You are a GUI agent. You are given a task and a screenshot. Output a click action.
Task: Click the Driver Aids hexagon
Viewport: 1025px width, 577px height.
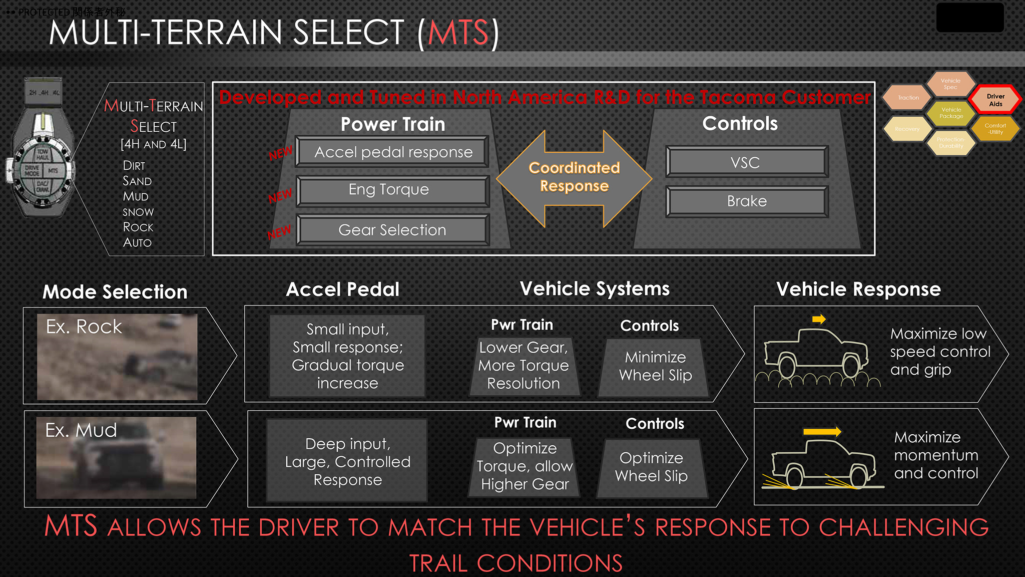(x=995, y=100)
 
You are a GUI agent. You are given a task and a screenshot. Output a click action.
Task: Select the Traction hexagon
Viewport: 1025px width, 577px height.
(x=908, y=98)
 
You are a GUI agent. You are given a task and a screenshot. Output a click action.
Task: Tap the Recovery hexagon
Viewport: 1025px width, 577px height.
(x=907, y=129)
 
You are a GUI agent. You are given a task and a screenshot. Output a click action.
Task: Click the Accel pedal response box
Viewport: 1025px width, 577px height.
(x=393, y=152)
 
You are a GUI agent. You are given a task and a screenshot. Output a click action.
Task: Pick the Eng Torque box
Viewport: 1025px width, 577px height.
(x=393, y=190)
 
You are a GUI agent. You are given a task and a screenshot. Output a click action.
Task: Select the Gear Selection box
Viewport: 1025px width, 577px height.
(x=393, y=230)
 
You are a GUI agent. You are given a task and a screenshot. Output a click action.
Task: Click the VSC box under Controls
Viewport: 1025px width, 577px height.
(x=746, y=162)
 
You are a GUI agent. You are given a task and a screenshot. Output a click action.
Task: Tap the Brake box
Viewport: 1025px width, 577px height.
(x=746, y=201)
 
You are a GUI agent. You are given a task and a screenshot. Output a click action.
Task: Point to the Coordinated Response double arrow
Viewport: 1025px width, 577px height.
(x=574, y=178)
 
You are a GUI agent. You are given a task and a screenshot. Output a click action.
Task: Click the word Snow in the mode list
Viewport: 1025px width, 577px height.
(x=138, y=212)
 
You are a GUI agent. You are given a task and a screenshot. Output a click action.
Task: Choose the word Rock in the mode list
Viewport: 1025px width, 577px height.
(x=138, y=227)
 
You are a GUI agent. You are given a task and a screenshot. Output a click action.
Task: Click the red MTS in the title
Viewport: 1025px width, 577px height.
(x=457, y=33)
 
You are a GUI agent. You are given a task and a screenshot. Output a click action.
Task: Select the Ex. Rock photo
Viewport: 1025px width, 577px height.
(x=117, y=357)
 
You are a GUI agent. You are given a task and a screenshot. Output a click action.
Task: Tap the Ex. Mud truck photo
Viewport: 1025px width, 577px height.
(x=116, y=458)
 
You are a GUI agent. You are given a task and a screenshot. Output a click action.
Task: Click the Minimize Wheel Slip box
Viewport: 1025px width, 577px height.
(x=655, y=367)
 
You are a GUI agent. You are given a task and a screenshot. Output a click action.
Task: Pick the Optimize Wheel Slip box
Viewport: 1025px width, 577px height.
(x=651, y=467)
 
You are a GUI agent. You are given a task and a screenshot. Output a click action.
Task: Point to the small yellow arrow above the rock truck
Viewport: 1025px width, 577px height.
(x=819, y=319)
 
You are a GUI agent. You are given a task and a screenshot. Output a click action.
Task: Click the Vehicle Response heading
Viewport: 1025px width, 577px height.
(x=858, y=290)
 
